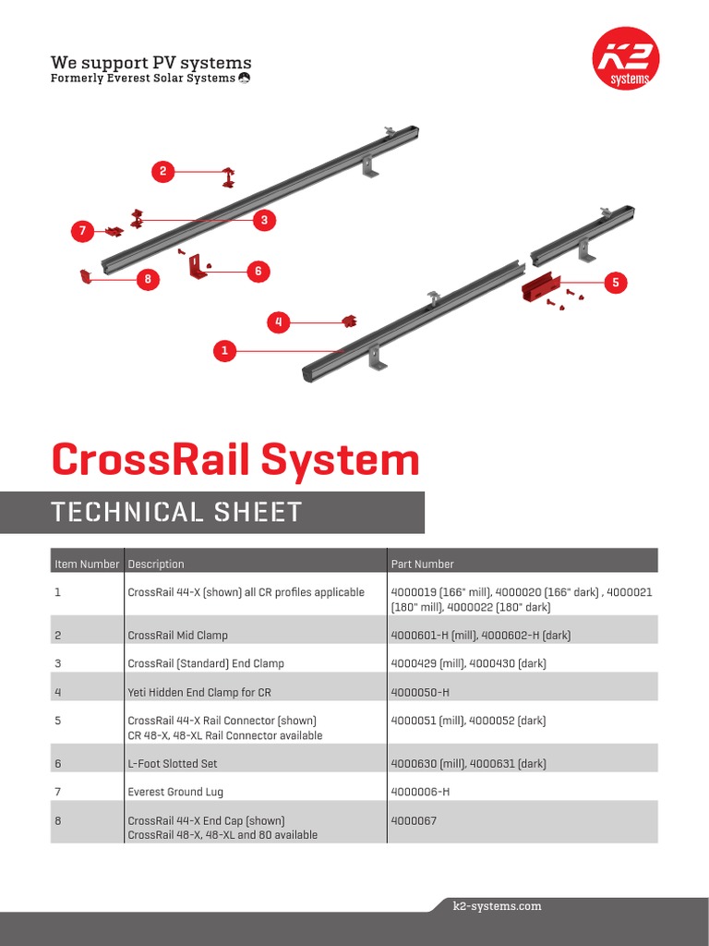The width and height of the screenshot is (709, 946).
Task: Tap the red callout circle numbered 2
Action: [162, 171]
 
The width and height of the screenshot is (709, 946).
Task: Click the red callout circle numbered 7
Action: [83, 232]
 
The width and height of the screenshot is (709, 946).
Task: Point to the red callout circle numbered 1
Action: [223, 350]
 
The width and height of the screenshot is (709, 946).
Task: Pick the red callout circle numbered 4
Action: [279, 322]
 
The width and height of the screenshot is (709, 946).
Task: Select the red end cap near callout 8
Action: [85, 275]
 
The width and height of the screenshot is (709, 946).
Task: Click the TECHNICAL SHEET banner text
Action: [177, 512]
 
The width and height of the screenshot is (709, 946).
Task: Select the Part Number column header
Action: [422, 564]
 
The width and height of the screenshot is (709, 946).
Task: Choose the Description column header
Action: [156, 564]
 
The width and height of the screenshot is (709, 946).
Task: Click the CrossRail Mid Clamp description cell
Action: [177, 636]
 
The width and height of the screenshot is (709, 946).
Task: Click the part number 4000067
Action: [414, 820]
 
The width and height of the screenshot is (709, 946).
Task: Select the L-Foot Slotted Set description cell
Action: [173, 764]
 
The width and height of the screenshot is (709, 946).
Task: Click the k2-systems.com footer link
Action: [498, 906]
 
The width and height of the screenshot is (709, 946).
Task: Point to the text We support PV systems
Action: [150, 63]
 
